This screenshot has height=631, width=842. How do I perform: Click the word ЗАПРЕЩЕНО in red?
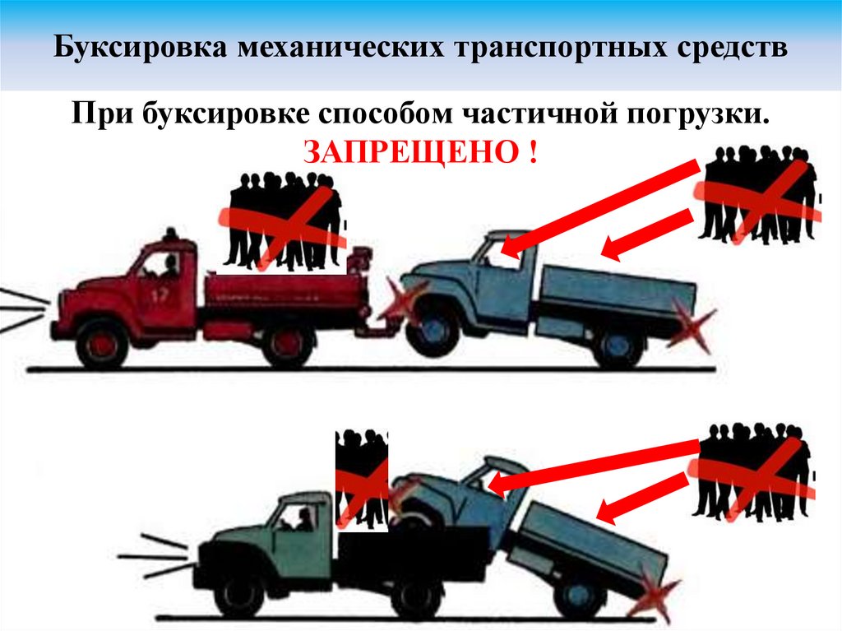[x=412, y=152]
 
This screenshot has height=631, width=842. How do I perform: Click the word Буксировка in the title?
[x=141, y=48]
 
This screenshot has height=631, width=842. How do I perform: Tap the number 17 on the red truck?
[x=160, y=294]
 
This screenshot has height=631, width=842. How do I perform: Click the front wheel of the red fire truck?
[x=102, y=343]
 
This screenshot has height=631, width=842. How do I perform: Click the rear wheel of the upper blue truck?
[x=618, y=345]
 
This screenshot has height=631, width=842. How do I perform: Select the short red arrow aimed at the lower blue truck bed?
[x=642, y=498]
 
